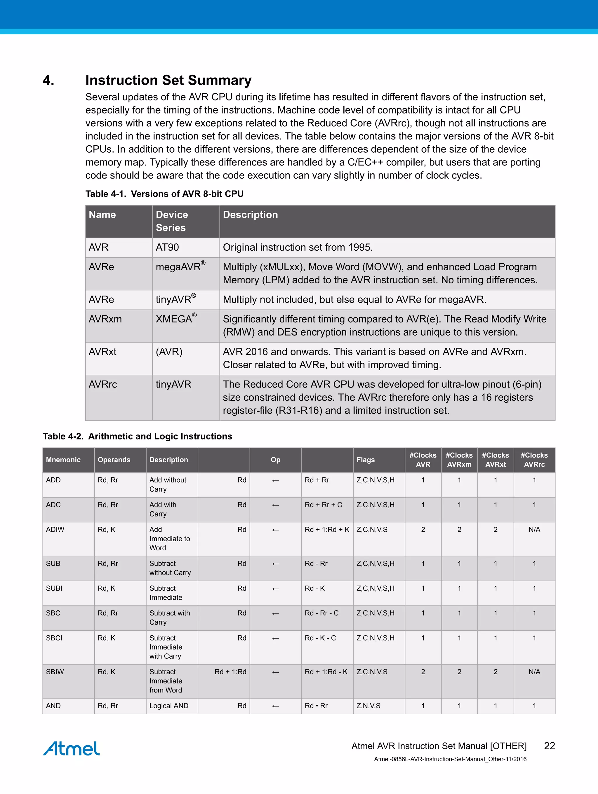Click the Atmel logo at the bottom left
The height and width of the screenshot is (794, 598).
coord(71,748)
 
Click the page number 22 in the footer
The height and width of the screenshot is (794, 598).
coord(549,746)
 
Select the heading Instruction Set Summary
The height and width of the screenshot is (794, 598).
coord(168,80)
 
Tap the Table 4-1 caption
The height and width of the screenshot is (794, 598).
coord(164,194)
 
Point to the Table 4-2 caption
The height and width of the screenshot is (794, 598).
coord(137,436)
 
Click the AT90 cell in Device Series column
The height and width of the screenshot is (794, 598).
coord(167,247)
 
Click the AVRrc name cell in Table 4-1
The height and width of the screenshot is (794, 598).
coord(103,384)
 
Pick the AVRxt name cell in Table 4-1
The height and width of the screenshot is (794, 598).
coord(102,352)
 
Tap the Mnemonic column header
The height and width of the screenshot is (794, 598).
coord(63,460)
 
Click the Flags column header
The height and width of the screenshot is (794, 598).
coord(365,460)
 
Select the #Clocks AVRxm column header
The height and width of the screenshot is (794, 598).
coord(459,460)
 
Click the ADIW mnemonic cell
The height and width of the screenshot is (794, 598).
coord(55,529)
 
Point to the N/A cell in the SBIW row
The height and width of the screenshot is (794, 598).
coord(534,672)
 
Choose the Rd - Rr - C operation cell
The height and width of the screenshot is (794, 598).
coord(321,613)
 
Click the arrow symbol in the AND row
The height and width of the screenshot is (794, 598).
coord(275,706)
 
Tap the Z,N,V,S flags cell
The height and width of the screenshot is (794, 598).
coord(368,706)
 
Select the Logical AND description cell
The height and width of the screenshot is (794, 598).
coord(169,706)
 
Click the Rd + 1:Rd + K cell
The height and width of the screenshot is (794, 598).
coord(327,529)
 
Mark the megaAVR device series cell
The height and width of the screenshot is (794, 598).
coord(180,267)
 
